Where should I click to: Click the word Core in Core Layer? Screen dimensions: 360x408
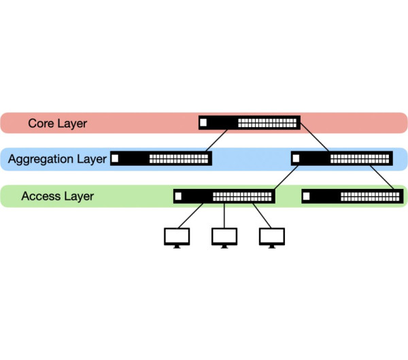click(42, 124)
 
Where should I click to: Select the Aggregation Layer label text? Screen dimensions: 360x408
click(57, 159)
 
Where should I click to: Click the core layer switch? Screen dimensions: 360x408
click(250, 123)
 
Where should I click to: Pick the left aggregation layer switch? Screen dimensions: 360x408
click(161, 159)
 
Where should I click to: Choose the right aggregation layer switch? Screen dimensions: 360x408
click(342, 159)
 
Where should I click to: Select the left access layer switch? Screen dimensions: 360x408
click(224, 196)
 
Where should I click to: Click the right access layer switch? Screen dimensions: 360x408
click(351, 196)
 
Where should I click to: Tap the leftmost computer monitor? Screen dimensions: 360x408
click(177, 237)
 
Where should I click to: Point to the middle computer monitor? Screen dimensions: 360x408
click(224, 237)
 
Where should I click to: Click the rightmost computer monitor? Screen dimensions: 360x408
click(271, 237)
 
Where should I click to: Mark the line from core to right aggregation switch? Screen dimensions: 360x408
click(314, 141)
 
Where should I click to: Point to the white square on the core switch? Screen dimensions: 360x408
click(204, 123)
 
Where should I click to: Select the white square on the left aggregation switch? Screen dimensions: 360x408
click(115, 159)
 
